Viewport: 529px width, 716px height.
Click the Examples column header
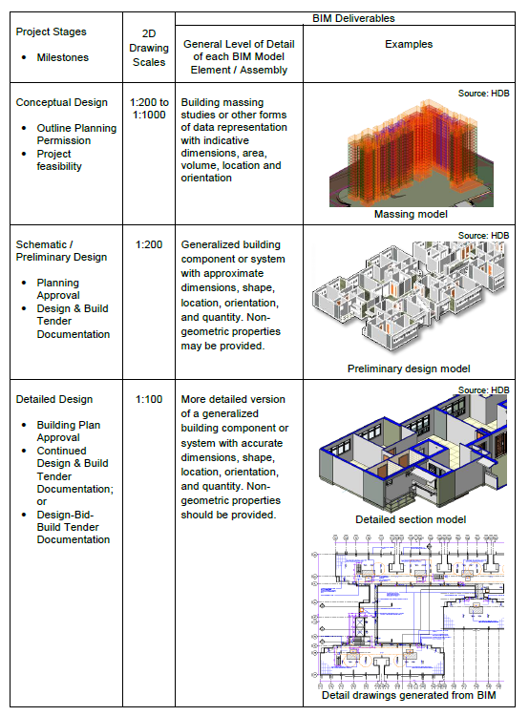(409, 44)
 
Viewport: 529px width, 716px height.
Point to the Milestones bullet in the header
(62, 57)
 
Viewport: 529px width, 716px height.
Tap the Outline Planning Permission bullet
(76, 134)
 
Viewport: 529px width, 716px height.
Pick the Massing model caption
(409, 215)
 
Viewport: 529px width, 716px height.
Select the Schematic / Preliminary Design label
(62, 250)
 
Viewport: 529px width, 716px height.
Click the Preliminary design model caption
(409, 369)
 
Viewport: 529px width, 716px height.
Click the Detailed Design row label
(54, 399)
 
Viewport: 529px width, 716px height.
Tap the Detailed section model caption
(411, 519)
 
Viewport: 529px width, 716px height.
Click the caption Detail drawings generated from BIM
(409, 695)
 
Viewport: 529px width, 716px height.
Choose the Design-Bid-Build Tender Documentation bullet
(74, 527)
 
